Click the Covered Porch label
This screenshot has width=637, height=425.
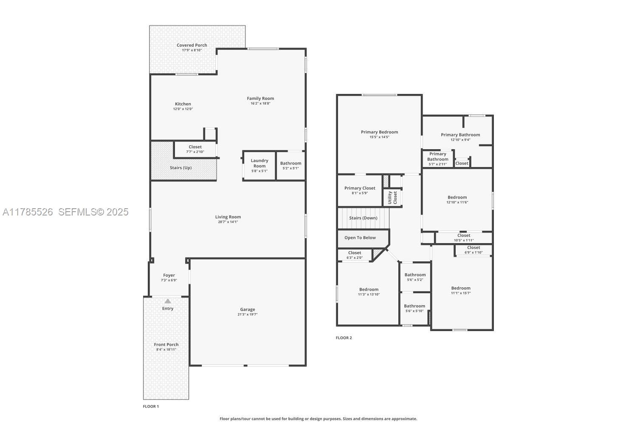pyautogui.click(x=192, y=45)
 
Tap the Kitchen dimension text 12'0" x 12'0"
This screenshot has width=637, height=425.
pyautogui.click(x=183, y=109)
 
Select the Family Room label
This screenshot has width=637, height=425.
pyautogui.click(x=260, y=99)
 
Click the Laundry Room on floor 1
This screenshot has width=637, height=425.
pyautogui.click(x=259, y=165)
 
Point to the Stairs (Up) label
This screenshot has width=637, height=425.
pyautogui.click(x=180, y=168)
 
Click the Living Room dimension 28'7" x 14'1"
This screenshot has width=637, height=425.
pyautogui.click(x=228, y=222)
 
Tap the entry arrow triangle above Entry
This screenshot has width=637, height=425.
pyautogui.click(x=168, y=301)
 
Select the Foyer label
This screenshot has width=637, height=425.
pyautogui.click(x=169, y=275)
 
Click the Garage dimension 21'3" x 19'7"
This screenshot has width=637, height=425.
pyautogui.click(x=247, y=314)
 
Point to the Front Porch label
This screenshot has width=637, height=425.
pyautogui.click(x=166, y=345)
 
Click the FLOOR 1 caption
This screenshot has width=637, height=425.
pyautogui.click(x=151, y=406)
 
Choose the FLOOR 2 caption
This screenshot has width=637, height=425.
pyautogui.click(x=344, y=338)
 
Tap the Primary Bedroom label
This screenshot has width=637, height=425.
pyautogui.click(x=379, y=132)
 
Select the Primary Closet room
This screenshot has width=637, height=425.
pyautogui.click(x=360, y=190)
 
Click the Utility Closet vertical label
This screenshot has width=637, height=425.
pyautogui.click(x=392, y=198)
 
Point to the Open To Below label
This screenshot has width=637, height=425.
pyautogui.click(x=360, y=238)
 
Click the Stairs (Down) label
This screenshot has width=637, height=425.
pyautogui.click(x=363, y=218)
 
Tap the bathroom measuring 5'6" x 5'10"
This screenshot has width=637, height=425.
pyautogui.click(x=414, y=308)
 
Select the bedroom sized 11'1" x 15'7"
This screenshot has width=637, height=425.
pyautogui.click(x=461, y=290)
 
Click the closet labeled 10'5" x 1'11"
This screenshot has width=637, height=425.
pyautogui.click(x=463, y=238)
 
